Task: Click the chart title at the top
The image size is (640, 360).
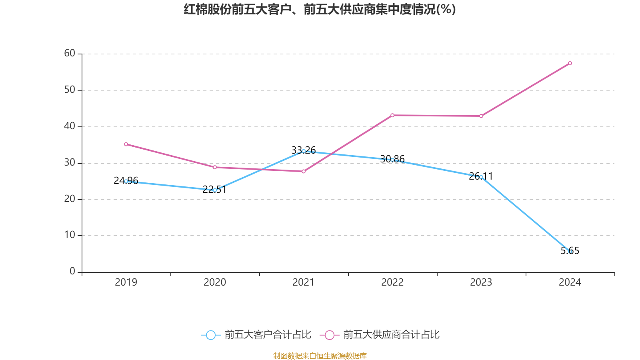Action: (320, 9)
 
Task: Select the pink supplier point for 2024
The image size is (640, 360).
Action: (570, 63)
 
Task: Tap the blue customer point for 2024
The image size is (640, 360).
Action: (570, 252)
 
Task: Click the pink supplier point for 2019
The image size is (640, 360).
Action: (126, 144)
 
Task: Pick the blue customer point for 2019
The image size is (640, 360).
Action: (126, 181)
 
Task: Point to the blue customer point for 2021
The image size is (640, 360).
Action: (304, 151)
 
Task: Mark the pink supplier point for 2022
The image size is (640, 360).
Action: (392, 115)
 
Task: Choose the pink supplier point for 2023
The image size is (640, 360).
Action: (481, 116)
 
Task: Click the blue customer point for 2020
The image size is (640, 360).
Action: (215, 190)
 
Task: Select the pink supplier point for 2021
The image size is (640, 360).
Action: (304, 172)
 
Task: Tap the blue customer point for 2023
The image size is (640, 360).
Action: (481, 177)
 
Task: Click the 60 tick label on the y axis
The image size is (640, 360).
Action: (70, 53)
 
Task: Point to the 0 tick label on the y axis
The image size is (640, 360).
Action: (72, 271)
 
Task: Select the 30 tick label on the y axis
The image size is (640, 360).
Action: (70, 162)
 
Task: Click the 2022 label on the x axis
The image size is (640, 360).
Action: (392, 282)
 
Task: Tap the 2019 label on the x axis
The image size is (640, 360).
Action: (126, 282)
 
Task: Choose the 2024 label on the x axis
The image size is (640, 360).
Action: (570, 282)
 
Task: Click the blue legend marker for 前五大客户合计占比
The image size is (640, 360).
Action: (211, 335)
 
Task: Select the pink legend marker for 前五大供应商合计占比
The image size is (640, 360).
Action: (330, 335)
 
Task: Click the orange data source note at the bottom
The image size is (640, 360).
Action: (320, 356)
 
